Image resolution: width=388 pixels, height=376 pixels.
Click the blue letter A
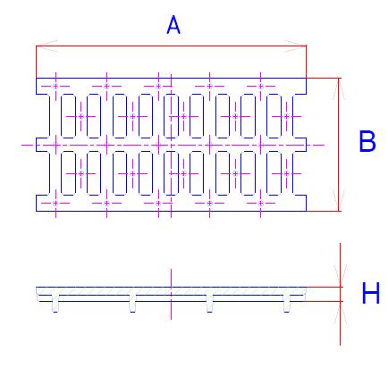(173, 25)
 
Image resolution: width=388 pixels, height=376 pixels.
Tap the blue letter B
(367, 141)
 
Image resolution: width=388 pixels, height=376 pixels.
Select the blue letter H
(371, 293)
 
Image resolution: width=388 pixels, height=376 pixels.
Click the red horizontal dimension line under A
(171, 46)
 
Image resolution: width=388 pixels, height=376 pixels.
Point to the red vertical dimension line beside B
(339, 145)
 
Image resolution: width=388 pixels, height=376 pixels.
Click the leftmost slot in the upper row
(68, 116)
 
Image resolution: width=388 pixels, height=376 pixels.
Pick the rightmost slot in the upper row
(274, 116)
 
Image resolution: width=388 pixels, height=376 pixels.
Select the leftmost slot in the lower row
(68, 173)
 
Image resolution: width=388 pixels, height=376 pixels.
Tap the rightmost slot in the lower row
(274, 173)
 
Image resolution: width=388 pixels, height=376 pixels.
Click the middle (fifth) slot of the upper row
(171, 116)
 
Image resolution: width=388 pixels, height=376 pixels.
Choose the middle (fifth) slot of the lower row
(171, 173)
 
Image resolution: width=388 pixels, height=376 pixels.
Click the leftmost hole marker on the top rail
(55, 87)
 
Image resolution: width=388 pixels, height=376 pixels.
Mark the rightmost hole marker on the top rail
(261, 87)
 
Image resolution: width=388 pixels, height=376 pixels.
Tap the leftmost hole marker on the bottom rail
(55, 204)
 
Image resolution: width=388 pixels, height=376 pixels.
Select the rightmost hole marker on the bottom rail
(261, 204)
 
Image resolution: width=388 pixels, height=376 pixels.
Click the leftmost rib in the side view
(55, 304)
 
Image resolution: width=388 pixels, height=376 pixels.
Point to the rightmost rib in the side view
(287, 304)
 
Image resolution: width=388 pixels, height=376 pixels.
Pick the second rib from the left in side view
(132, 304)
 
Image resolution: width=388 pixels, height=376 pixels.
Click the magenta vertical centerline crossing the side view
(171, 294)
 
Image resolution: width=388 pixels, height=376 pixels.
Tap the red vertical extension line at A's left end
(36, 62)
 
